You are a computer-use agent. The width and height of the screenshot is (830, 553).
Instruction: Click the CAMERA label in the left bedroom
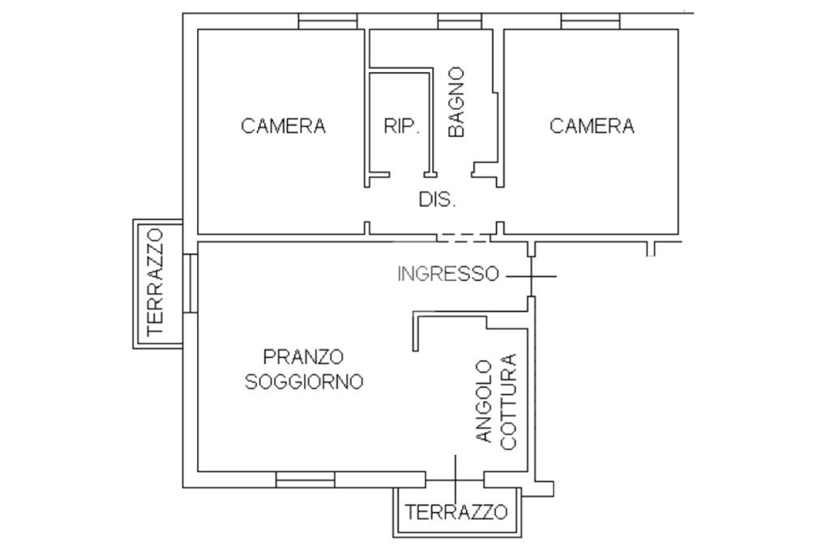pyautogui.click(x=283, y=125)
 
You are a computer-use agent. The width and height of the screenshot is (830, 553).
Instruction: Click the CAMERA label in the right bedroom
pyautogui.click(x=592, y=125)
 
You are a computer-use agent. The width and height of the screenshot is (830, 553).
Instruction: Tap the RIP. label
pyautogui.click(x=402, y=126)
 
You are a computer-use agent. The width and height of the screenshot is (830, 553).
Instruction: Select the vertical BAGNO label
pyautogui.click(x=456, y=102)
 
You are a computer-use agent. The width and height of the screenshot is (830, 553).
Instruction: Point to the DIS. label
pyautogui.click(x=437, y=200)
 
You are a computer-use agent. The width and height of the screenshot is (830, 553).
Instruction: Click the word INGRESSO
pyautogui.click(x=447, y=274)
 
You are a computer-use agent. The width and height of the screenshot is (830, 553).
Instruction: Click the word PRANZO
pyautogui.click(x=303, y=356)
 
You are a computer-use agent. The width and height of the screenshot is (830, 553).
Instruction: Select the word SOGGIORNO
pyautogui.click(x=304, y=381)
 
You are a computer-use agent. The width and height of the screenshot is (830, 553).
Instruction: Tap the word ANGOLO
pyautogui.click(x=484, y=402)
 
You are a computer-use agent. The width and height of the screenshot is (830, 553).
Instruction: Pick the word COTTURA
pyautogui.click(x=508, y=402)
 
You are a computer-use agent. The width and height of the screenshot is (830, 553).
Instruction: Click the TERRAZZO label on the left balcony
pyautogui.click(x=155, y=283)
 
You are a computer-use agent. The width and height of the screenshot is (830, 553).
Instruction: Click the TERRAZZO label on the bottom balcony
pyautogui.click(x=456, y=512)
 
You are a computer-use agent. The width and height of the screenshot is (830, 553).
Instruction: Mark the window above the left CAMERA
pyautogui.click(x=327, y=21)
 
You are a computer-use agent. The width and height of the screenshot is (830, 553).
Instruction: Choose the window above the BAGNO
pyautogui.click(x=460, y=21)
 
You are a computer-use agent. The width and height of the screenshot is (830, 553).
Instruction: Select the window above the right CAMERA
pyautogui.click(x=590, y=21)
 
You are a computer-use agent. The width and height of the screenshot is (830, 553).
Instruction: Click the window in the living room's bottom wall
pyautogui.click(x=306, y=479)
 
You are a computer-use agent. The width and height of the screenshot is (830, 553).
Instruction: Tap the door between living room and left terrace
pyautogui.click(x=190, y=283)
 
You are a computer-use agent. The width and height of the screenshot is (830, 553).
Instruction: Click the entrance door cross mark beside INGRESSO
pyautogui.click(x=531, y=276)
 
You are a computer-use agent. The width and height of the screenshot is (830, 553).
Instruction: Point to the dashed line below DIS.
pyautogui.click(x=464, y=238)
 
